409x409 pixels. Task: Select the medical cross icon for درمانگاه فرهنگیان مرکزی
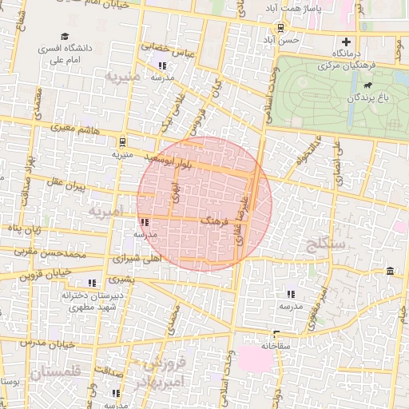(x=346, y=42)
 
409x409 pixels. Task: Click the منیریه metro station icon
(x=121, y=141)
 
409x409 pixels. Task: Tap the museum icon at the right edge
(x=389, y=272)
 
